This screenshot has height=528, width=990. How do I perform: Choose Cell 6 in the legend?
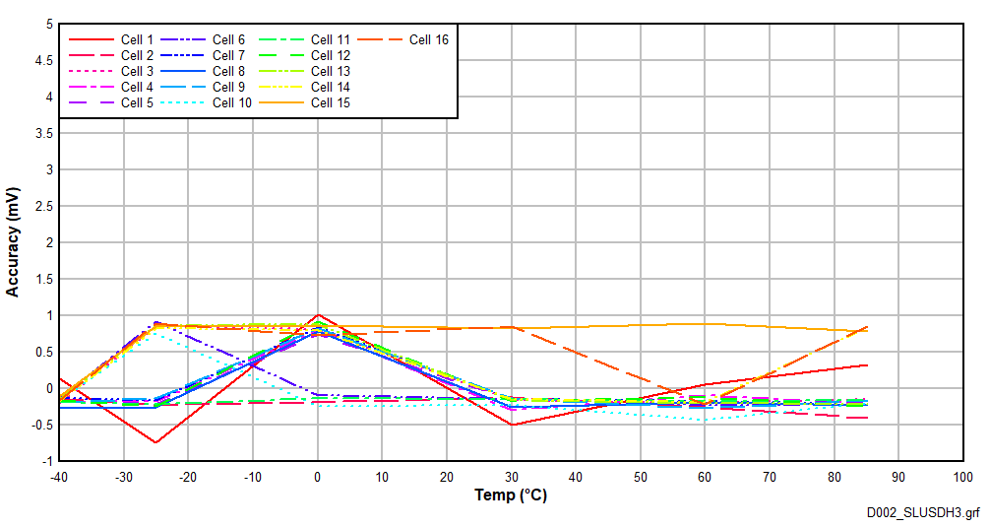pyautogui.click(x=228, y=40)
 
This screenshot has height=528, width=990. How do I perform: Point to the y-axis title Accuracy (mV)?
pyautogui.click(x=13, y=242)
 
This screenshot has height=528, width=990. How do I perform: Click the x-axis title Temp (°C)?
pyautogui.click(x=511, y=495)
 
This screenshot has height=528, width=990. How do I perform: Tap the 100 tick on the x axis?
pyautogui.click(x=961, y=477)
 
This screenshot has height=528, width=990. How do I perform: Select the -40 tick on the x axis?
pyautogui.click(x=60, y=477)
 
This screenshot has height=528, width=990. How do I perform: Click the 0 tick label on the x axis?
pyautogui.click(x=318, y=477)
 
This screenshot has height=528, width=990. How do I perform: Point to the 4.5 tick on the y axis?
pyautogui.click(x=43, y=61)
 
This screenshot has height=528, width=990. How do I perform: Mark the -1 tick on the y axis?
pyautogui.click(x=46, y=461)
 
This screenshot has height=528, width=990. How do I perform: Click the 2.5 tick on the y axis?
pyautogui.click(x=43, y=206)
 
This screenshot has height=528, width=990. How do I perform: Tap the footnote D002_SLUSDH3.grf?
pyautogui.click(x=923, y=513)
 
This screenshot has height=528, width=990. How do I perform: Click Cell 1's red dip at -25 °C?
pyautogui.click(x=156, y=442)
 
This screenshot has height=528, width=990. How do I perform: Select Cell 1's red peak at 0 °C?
pyautogui.click(x=318, y=315)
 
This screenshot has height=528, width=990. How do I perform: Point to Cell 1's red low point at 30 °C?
pyautogui.click(x=512, y=425)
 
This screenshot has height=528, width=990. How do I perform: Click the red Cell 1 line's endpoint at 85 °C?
pyautogui.click(x=867, y=365)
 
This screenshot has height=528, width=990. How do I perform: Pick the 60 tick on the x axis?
pyautogui.click(x=705, y=477)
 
